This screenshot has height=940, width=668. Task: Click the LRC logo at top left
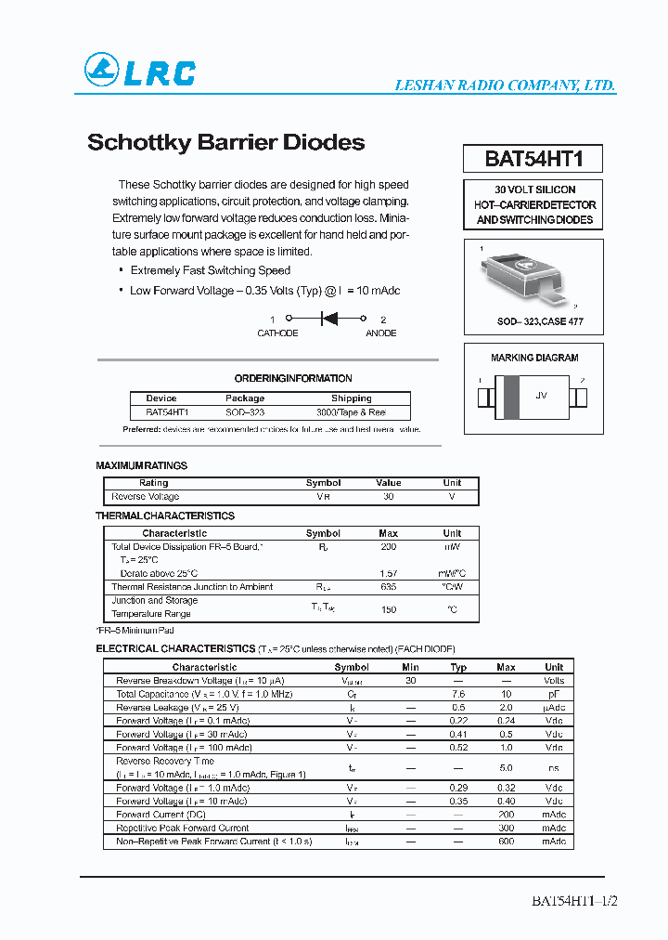click(x=140, y=71)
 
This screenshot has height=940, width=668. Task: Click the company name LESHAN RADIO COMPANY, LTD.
click(x=505, y=85)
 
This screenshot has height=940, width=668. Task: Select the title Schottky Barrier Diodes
click(x=225, y=143)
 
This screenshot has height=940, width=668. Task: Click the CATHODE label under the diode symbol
click(x=277, y=333)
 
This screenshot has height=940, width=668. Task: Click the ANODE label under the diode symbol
click(x=380, y=333)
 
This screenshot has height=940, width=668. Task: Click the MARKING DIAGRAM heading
click(x=534, y=358)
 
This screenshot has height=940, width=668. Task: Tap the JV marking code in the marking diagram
click(x=541, y=396)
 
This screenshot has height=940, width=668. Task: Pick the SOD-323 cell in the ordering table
click(x=245, y=411)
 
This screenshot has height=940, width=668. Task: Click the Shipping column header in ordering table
click(x=352, y=398)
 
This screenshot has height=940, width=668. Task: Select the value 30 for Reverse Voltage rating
click(x=389, y=497)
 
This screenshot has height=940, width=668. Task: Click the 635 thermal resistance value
click(x=389, y=587)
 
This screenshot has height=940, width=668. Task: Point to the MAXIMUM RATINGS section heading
click(x=142, y=465)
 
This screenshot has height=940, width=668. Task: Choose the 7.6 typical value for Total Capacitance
click(x=458, y=694)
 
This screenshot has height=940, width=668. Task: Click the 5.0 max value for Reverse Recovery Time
click(x=506, y=767)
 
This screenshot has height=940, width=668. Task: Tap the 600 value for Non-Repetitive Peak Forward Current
click(x=506, y=842)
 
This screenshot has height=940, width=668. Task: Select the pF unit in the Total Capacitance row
click(x=554, y=694)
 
